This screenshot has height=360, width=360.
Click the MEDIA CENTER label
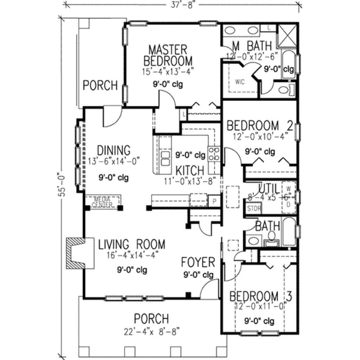point(103,202)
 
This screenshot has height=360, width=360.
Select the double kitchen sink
point(165,159)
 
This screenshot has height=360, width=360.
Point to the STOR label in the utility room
point(254,208)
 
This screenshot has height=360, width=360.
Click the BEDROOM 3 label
point(261,296)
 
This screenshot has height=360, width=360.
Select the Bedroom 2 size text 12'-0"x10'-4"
point(259,136)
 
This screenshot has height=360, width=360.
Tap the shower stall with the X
point(287,36)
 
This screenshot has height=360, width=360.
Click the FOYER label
point(198,262)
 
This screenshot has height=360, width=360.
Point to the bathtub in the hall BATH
point(289,232)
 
